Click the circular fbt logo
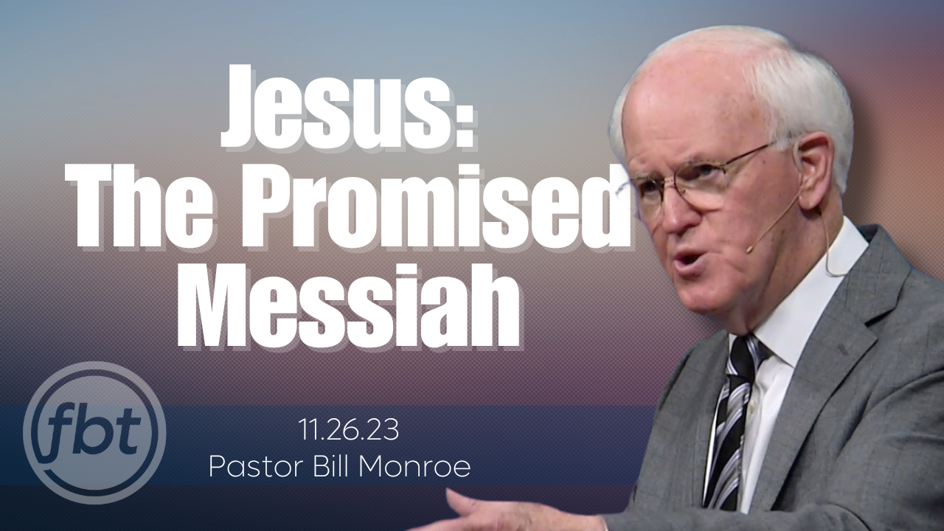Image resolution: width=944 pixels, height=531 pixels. coord(94,432)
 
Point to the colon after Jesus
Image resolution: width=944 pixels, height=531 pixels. coord(462,118)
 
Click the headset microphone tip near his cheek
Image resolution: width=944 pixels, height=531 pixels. coord(749,249)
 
